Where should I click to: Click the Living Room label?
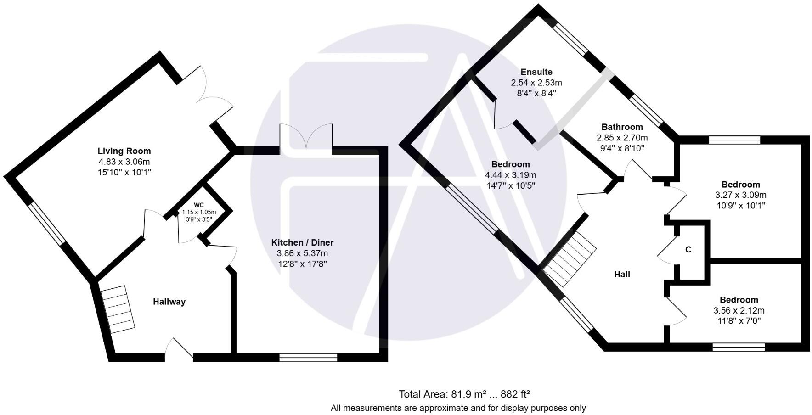coord(124,151)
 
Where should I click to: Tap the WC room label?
coord(198,205)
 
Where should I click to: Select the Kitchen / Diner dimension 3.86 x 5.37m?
coord(302,253)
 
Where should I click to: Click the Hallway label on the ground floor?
coord(169,302)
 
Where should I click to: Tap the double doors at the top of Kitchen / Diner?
coord(306,137)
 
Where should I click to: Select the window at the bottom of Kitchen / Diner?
coord(308,358)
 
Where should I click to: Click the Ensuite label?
coord(536,72)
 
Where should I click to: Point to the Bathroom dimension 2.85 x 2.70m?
coord(622,138)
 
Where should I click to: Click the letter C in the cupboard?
coord(688,250)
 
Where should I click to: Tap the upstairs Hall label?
coord(622,275)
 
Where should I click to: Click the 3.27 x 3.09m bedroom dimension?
coord(740,195)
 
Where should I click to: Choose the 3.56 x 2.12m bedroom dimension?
coord(739,311)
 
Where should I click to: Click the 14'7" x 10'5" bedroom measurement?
coord(510,186)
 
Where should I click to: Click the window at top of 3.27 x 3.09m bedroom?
coord(734,140)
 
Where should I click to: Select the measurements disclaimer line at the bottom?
coord(458,408)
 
